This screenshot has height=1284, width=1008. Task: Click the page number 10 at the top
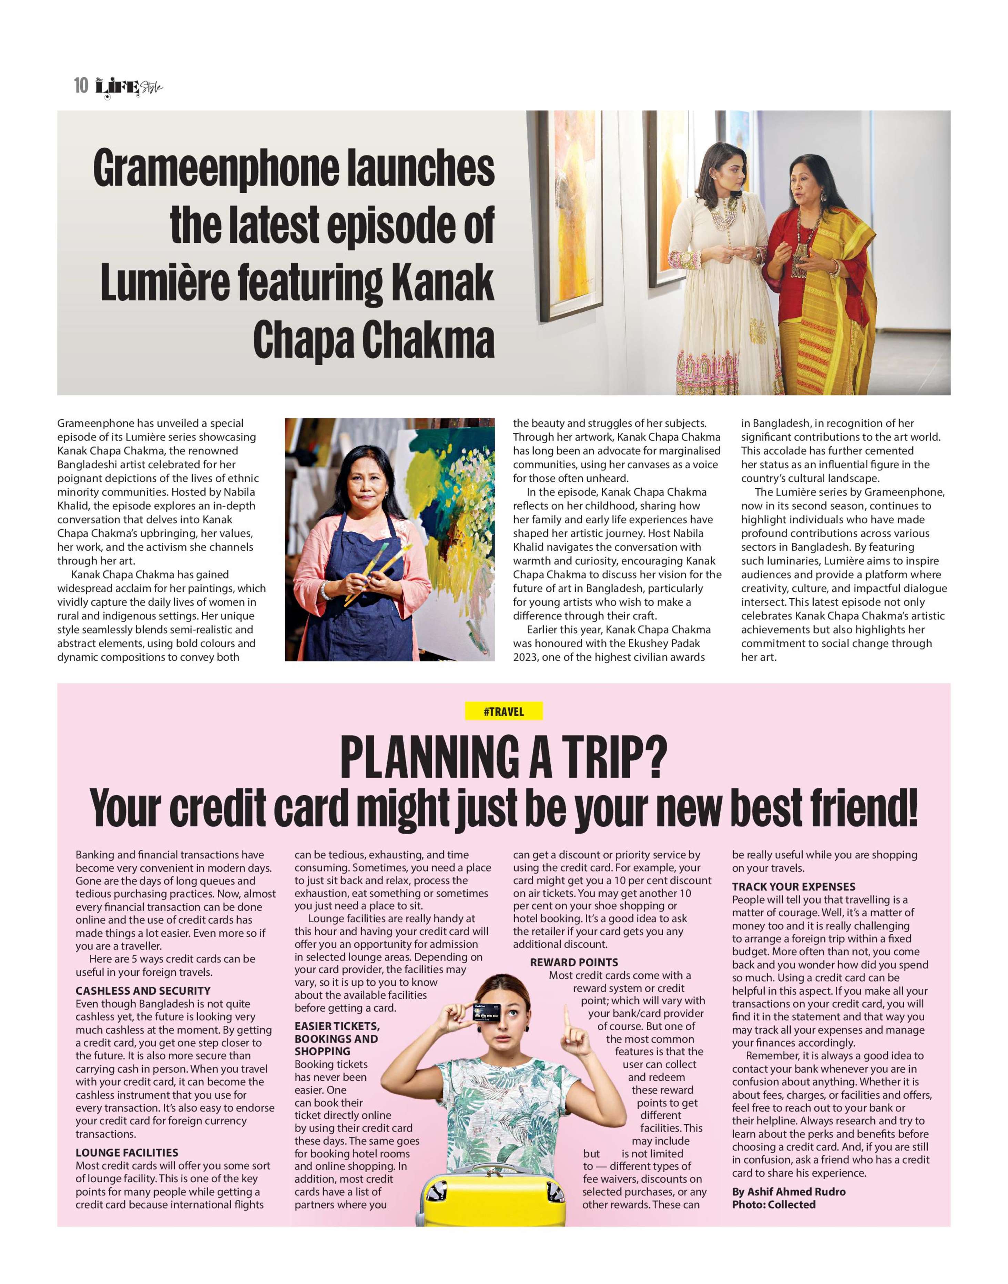pos(81,86)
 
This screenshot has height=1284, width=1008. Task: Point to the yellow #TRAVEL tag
pos(503,712)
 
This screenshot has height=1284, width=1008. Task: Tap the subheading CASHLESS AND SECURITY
pos(143,991)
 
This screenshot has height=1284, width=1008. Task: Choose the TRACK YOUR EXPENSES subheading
pos(794,886)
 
